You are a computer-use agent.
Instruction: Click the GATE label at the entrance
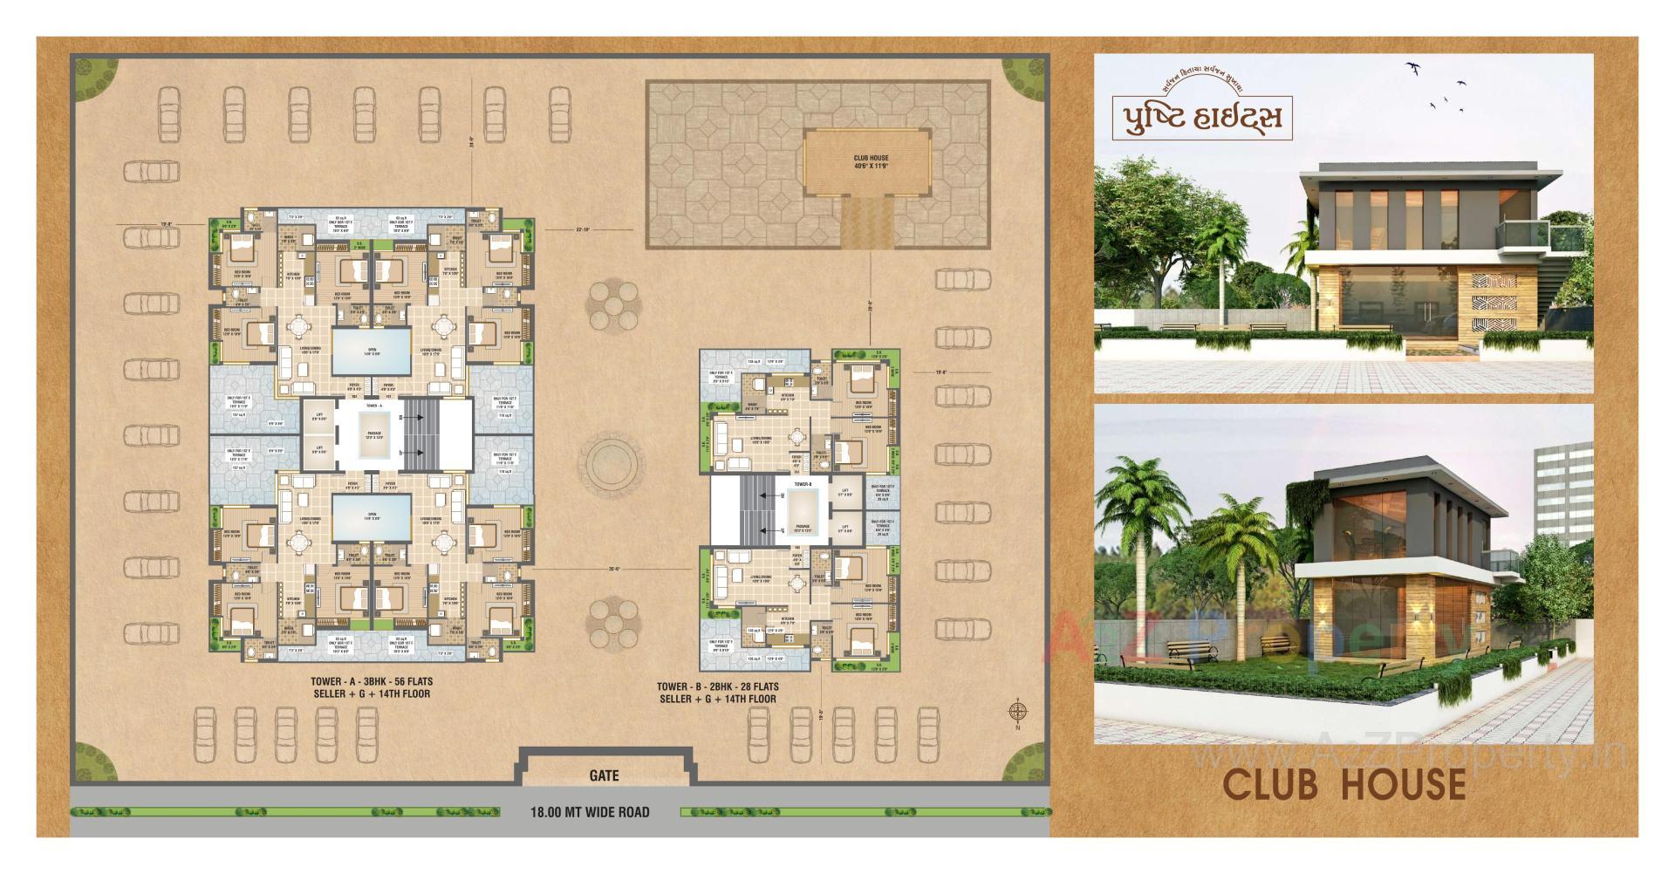pos(604,775)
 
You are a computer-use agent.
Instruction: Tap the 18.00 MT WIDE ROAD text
pos(590,812)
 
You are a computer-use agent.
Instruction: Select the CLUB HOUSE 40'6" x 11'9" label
pos(870,162)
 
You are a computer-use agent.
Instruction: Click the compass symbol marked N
pos(1016,712)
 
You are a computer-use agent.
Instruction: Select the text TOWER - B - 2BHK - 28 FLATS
pos(717,686)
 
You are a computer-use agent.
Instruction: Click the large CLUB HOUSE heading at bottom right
pos(1343,784)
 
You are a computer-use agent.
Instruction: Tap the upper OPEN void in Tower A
pos(372,349)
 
